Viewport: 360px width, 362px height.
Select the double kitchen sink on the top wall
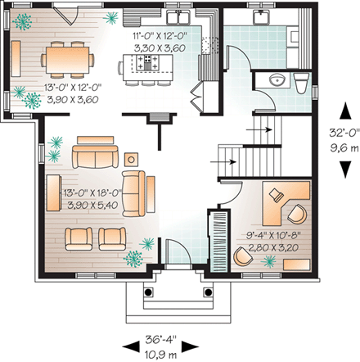coord(180,17)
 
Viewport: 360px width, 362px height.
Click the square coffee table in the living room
coord(132,157)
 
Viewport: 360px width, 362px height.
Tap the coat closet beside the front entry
coord(218,239)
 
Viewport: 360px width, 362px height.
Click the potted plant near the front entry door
coord(147,244)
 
